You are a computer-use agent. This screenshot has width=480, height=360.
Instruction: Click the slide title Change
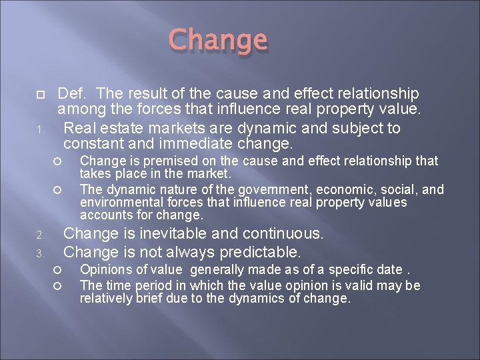tap(218, 41)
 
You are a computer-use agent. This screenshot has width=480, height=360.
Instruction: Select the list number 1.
tap(39, 129)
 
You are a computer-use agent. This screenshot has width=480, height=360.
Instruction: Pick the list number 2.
tap(39, 235)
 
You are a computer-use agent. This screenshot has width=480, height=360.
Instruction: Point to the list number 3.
tap(39, 254)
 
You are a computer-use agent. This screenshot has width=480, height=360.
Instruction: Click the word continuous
tap(284, 234)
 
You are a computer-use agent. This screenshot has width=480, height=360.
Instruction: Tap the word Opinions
tap(103, 270)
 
